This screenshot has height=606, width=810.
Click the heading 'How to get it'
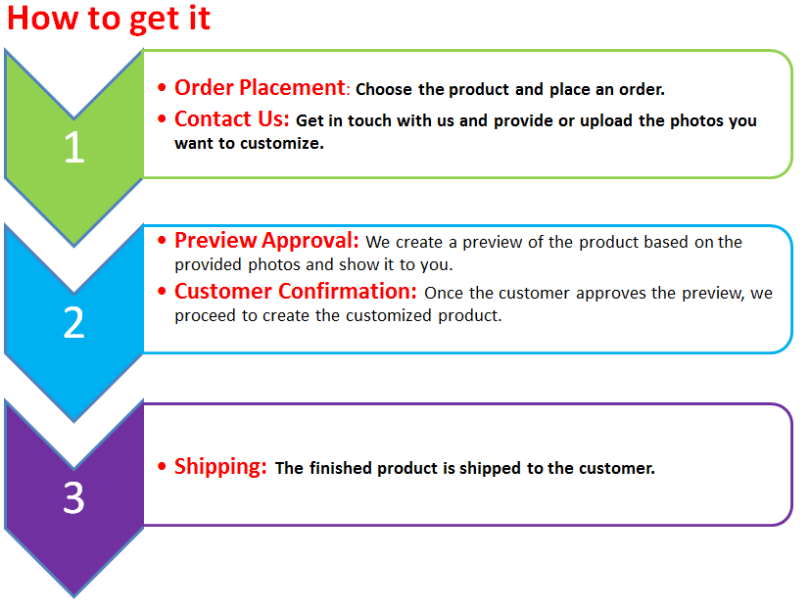click(x=109, y=19)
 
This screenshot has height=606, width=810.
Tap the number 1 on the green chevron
click(x=74, y=147)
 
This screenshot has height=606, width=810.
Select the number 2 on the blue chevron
click(x=73, y=323)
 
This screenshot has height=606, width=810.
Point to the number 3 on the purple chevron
click(x=73, y=498)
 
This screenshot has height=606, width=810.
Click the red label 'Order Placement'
click(x=260, y=88)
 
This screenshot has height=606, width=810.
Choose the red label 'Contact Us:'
click(x=231, y=119)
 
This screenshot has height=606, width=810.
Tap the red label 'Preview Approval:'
click(x=266, y=241)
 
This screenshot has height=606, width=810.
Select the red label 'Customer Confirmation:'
click(x=296, y=292)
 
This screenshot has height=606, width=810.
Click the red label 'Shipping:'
click(x=220, y=467)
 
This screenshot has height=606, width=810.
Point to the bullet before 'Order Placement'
click(x=163, y=88)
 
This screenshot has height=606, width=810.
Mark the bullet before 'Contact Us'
click(x=163, y=119)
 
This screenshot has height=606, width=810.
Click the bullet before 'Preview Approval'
click(x=163, y=240)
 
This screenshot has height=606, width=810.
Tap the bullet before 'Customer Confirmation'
click(x=163, y=291)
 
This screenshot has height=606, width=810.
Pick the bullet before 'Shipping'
click(x=163, y=467)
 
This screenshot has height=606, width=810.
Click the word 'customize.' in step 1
click(x=282, y=144)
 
